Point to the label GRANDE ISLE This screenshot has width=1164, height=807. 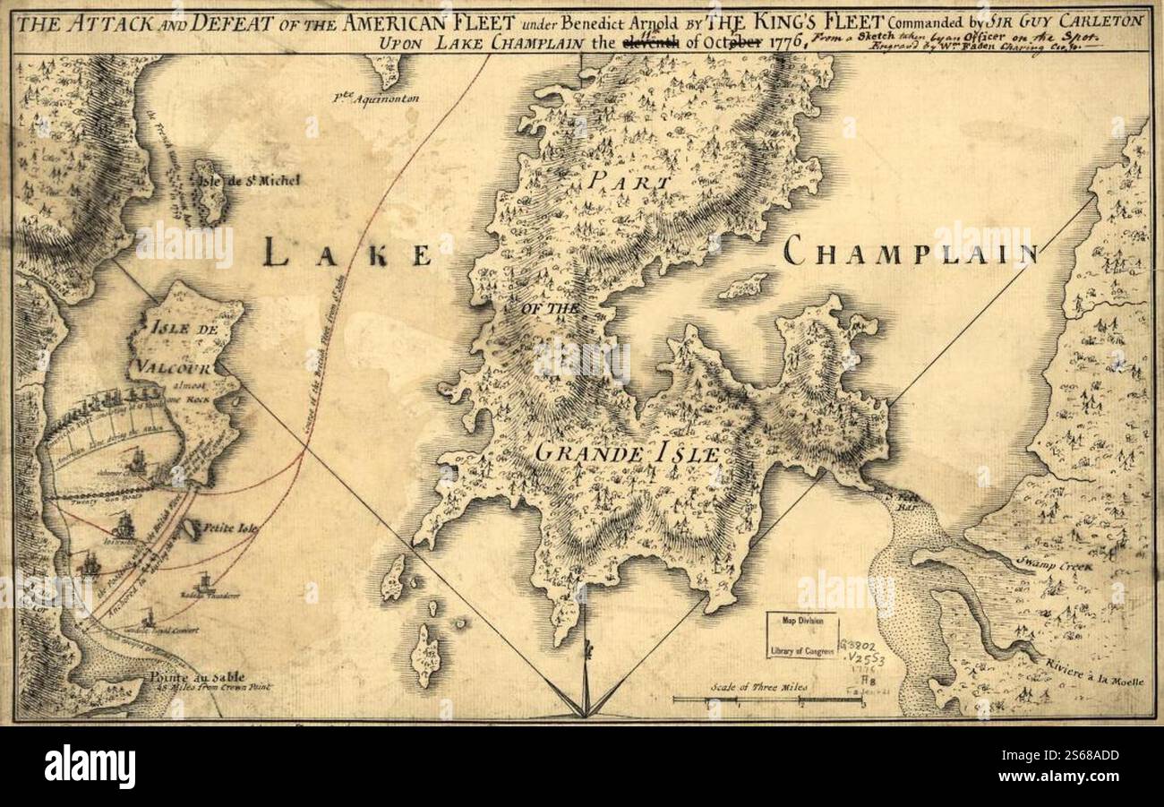[x=627, y=453]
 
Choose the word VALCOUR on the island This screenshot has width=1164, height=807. [x=172, y=365]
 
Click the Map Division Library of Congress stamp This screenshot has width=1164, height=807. [x=801, y=635]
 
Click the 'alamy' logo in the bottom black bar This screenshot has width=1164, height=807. [x=90, y=767]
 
